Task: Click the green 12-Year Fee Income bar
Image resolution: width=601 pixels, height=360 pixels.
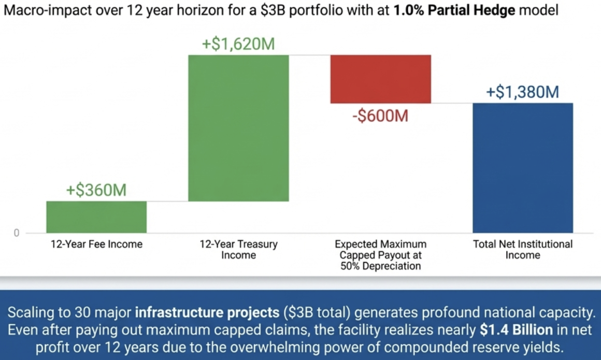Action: pyautogui.click(x=96, y=217)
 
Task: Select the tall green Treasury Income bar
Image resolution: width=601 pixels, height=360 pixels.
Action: pyautogui.click(x=238, y=128)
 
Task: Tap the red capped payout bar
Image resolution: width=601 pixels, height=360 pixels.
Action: pyautogui.click(x=381, y=79)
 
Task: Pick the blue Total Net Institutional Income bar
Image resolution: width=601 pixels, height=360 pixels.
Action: pyautogui.click(x=523, y=168)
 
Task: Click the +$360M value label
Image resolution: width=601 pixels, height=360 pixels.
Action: pyautogui.click(x=96, y=190)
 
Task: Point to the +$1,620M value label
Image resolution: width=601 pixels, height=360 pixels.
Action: pyautogui.click(x=238, y=45)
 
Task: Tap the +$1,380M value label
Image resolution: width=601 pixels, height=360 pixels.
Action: pyautogui.click(x=522, y=93)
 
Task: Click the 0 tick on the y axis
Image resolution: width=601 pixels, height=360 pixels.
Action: pyautogui.click(x=16, y=233)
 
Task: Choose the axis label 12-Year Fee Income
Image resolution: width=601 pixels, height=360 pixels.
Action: pyautogui.click(x=96, y=244)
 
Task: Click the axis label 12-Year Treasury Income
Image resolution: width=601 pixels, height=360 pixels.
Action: pyautogui.click(x=238, y=249)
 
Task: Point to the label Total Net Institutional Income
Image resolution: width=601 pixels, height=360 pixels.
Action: pyautogui.click(x=523, y=249)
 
